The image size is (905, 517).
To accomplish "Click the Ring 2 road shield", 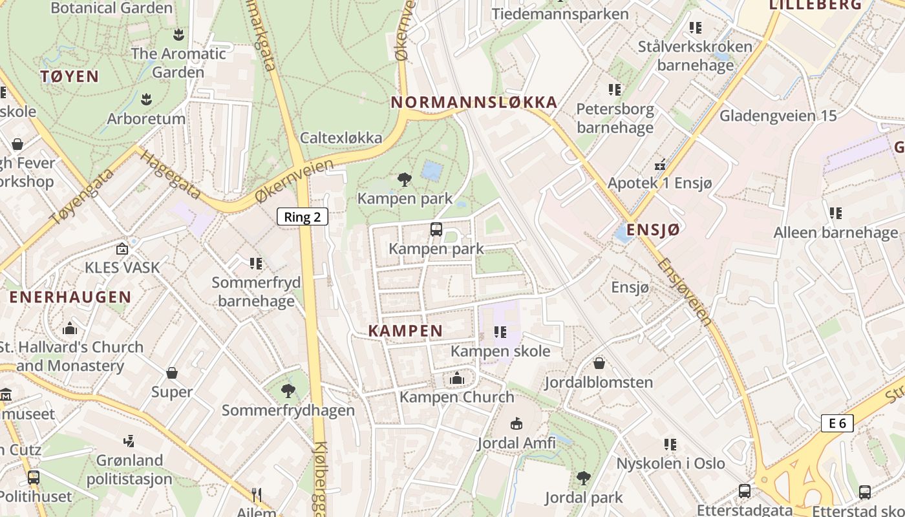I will point(303,216).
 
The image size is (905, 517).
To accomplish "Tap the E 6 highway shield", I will point(837,423).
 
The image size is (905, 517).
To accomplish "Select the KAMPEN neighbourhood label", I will point(405,331).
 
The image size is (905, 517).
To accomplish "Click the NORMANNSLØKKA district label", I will point(474,102).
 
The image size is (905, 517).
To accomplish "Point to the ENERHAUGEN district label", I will point(70,297).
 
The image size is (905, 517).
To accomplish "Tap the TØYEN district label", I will point(70,76).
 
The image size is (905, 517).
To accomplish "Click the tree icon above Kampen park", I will point(405,178).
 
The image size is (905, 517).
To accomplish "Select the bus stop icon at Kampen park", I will point(436,229).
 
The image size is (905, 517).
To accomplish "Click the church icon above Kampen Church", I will point(457,378).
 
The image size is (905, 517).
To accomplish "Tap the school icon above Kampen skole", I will point(500,332).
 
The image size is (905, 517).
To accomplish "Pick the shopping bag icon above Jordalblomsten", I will point(599,363).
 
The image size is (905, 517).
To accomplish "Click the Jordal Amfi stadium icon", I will point(516,424).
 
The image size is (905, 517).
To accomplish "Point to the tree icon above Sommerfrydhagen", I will point(288,390).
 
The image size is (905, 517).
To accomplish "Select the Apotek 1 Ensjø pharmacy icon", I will point(660,164).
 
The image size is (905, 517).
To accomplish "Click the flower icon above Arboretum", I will point(146,99).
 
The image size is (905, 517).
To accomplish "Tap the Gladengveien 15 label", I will point(778,116).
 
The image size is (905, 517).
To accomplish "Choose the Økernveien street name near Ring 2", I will point(294,181).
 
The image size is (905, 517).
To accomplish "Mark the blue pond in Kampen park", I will point(432,171).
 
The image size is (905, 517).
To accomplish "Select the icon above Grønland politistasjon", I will point(129,441).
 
